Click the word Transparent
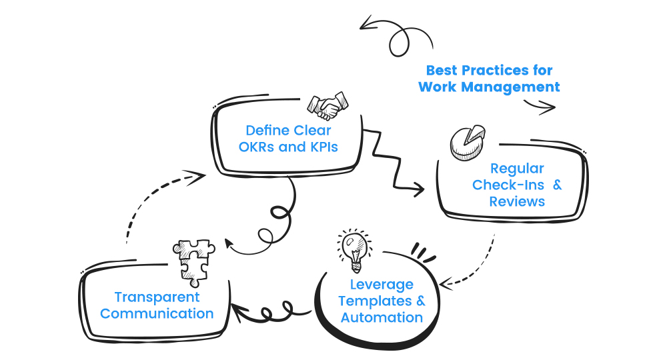[x=157, y=297]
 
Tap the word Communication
[x=157, y=314]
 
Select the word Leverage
[x=382, y=285]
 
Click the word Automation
[x=382, y=317]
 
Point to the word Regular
[x=517, y=169]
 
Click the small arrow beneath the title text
[x=548, y=106]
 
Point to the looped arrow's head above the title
[x=365, y=26]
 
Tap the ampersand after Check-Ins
[x=557, y=185]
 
